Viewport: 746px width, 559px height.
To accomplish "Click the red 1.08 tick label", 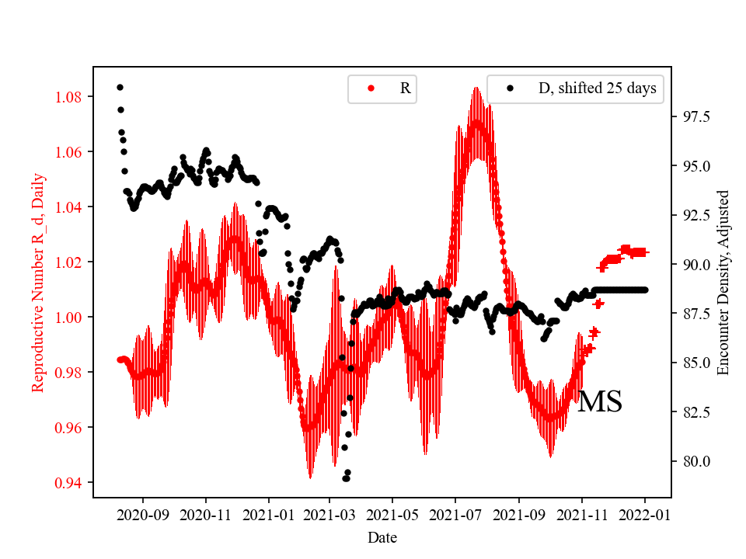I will pyautogui.click(x=70, y=97).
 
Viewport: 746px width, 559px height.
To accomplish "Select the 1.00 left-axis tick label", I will pyautogui.click(x=70, y=318).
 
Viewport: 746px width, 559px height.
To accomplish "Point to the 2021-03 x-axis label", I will pyautogui.click(x=329, y=515).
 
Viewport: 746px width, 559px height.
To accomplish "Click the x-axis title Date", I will pyautogui.click(x=382, y=537).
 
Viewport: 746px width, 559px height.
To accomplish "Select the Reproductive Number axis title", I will pyautogui.click(x=38, y=282).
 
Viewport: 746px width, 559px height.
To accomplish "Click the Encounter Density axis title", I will pyautogui.click(x=723, y=282).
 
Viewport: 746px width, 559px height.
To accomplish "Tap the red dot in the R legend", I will pyautogui.click(x=371, y=89).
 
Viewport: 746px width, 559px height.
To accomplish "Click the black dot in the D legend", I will pyautogui.click(x=510, y=89).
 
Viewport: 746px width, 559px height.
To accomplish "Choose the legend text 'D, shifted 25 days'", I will pyautogui.click(x=597, y=89).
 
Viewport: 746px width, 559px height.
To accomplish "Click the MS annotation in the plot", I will pyautogui.click(x=599, y=401).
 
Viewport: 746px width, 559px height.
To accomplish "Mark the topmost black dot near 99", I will pyautogui.click(x=120, y=87).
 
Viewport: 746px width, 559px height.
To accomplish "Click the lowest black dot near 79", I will pyautogui.click(x=346, y=478).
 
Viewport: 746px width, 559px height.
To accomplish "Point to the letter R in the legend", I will pyautogui.click(x=405, y=89).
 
